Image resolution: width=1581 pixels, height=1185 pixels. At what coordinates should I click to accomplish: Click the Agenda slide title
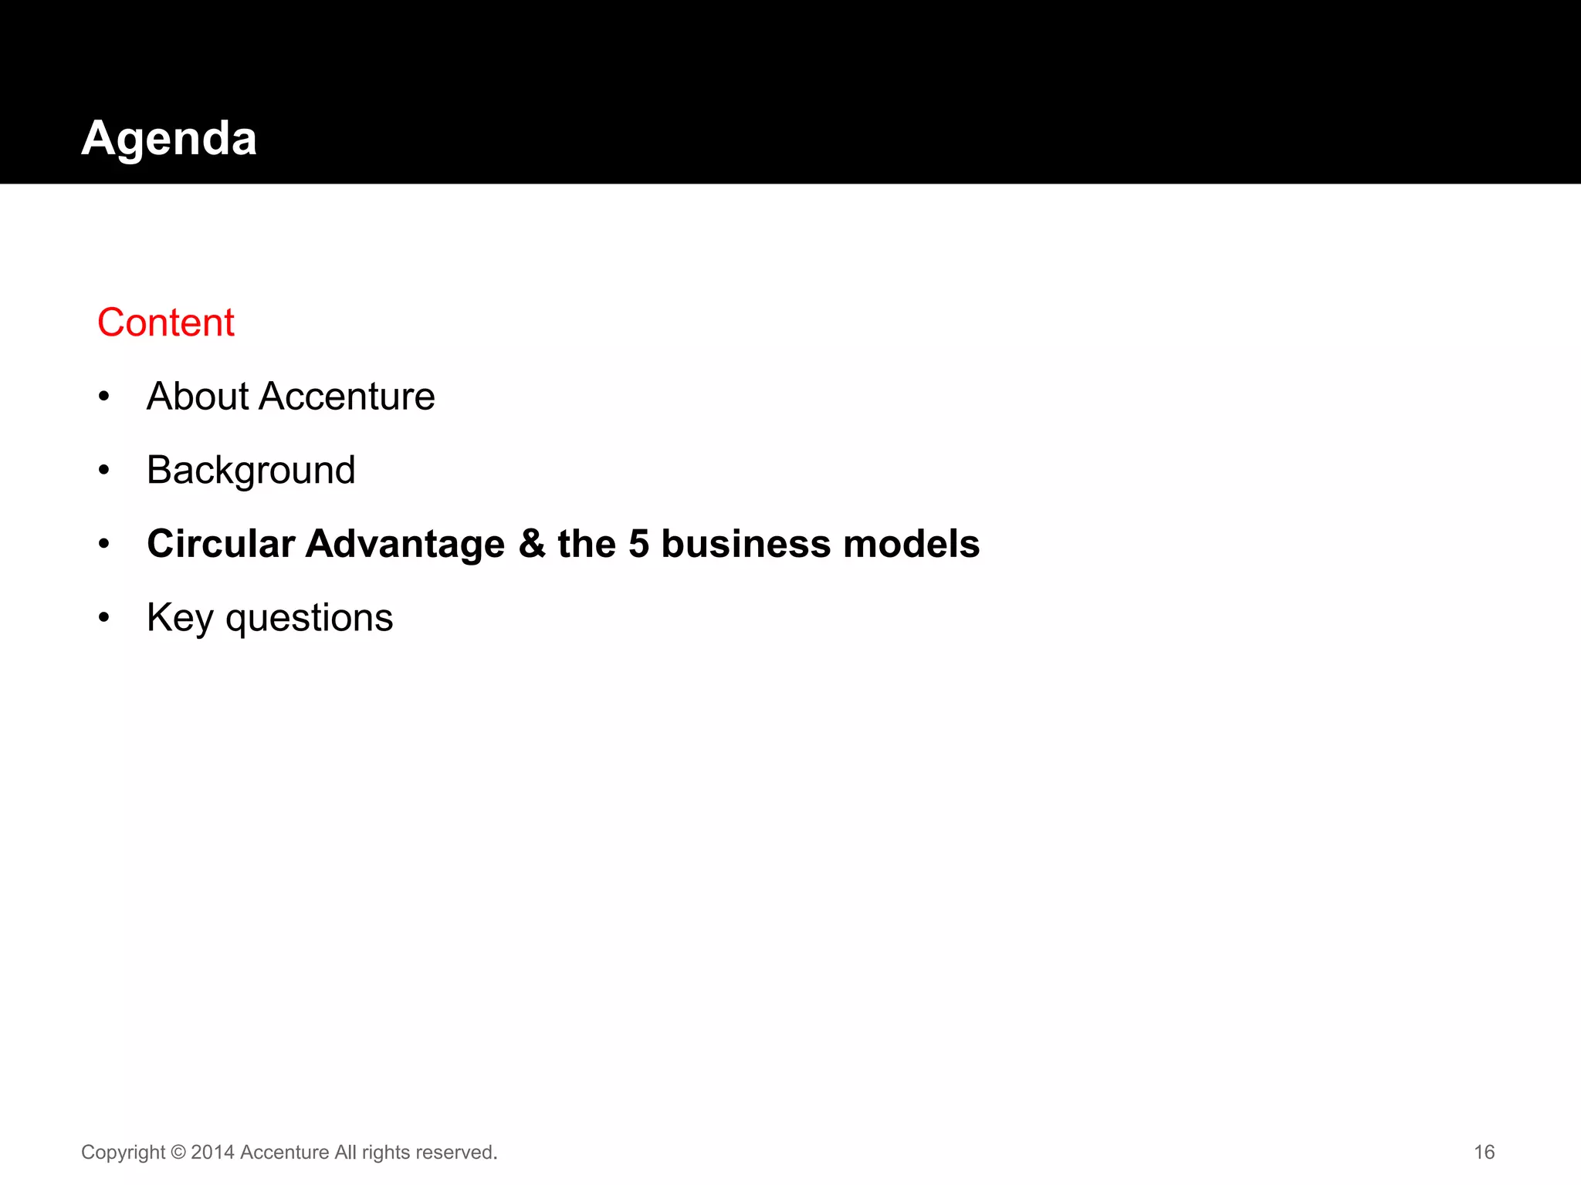pos(169,139)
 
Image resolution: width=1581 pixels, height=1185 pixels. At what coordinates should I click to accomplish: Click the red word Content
pos(166,322)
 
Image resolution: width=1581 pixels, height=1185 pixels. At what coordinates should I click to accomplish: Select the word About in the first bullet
pos(198,397)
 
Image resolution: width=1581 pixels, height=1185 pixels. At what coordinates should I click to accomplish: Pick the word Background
pos(251,471)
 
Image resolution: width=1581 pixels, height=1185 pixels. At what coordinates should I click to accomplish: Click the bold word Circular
pos(221,544)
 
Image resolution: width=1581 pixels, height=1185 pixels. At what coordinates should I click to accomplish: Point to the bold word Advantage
pos(405,544)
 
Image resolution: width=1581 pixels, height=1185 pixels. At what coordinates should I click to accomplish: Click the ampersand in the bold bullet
pos(532,544)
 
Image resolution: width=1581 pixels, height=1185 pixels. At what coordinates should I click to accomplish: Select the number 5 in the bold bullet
pos(638,544)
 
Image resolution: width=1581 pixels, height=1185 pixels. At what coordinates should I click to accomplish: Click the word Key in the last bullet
pos(179,618)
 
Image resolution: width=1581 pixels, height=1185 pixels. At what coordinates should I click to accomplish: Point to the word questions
pos(309,618)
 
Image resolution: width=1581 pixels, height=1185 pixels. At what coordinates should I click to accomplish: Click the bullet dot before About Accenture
pos(104,397)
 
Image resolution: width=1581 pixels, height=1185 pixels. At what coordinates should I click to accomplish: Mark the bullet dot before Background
pos(104,471)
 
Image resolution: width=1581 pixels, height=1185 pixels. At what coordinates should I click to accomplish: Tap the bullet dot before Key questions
pos(104,618)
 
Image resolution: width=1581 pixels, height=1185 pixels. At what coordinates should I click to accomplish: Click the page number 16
pos(1484,1152)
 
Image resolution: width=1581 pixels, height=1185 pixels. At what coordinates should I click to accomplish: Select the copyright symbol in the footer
pos(178,1152)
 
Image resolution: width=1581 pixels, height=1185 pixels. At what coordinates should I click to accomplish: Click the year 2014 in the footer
pos(212,1152)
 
